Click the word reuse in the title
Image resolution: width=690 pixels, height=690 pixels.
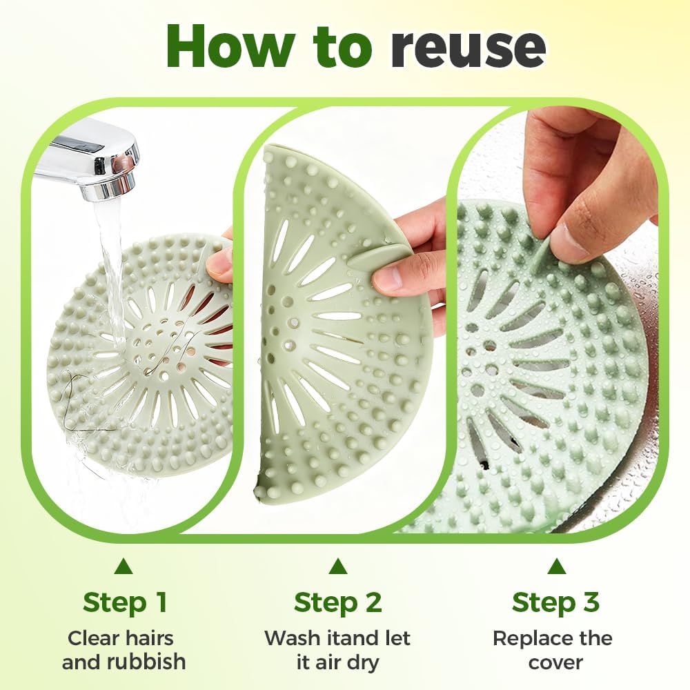(x=468, y=47)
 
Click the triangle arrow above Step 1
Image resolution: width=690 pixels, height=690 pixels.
(x=124, y=566)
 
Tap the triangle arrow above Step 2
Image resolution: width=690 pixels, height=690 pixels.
(x=337, y=566)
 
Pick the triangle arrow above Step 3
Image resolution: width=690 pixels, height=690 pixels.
(x=556, y=566)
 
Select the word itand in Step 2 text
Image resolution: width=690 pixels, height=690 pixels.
(x=348, y=638)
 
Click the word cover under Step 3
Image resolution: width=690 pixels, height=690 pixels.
(x=555, y=662)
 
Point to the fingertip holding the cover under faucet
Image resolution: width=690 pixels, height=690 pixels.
(x=219, y=264)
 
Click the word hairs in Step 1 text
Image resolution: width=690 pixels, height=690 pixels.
(x=149, y=638)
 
